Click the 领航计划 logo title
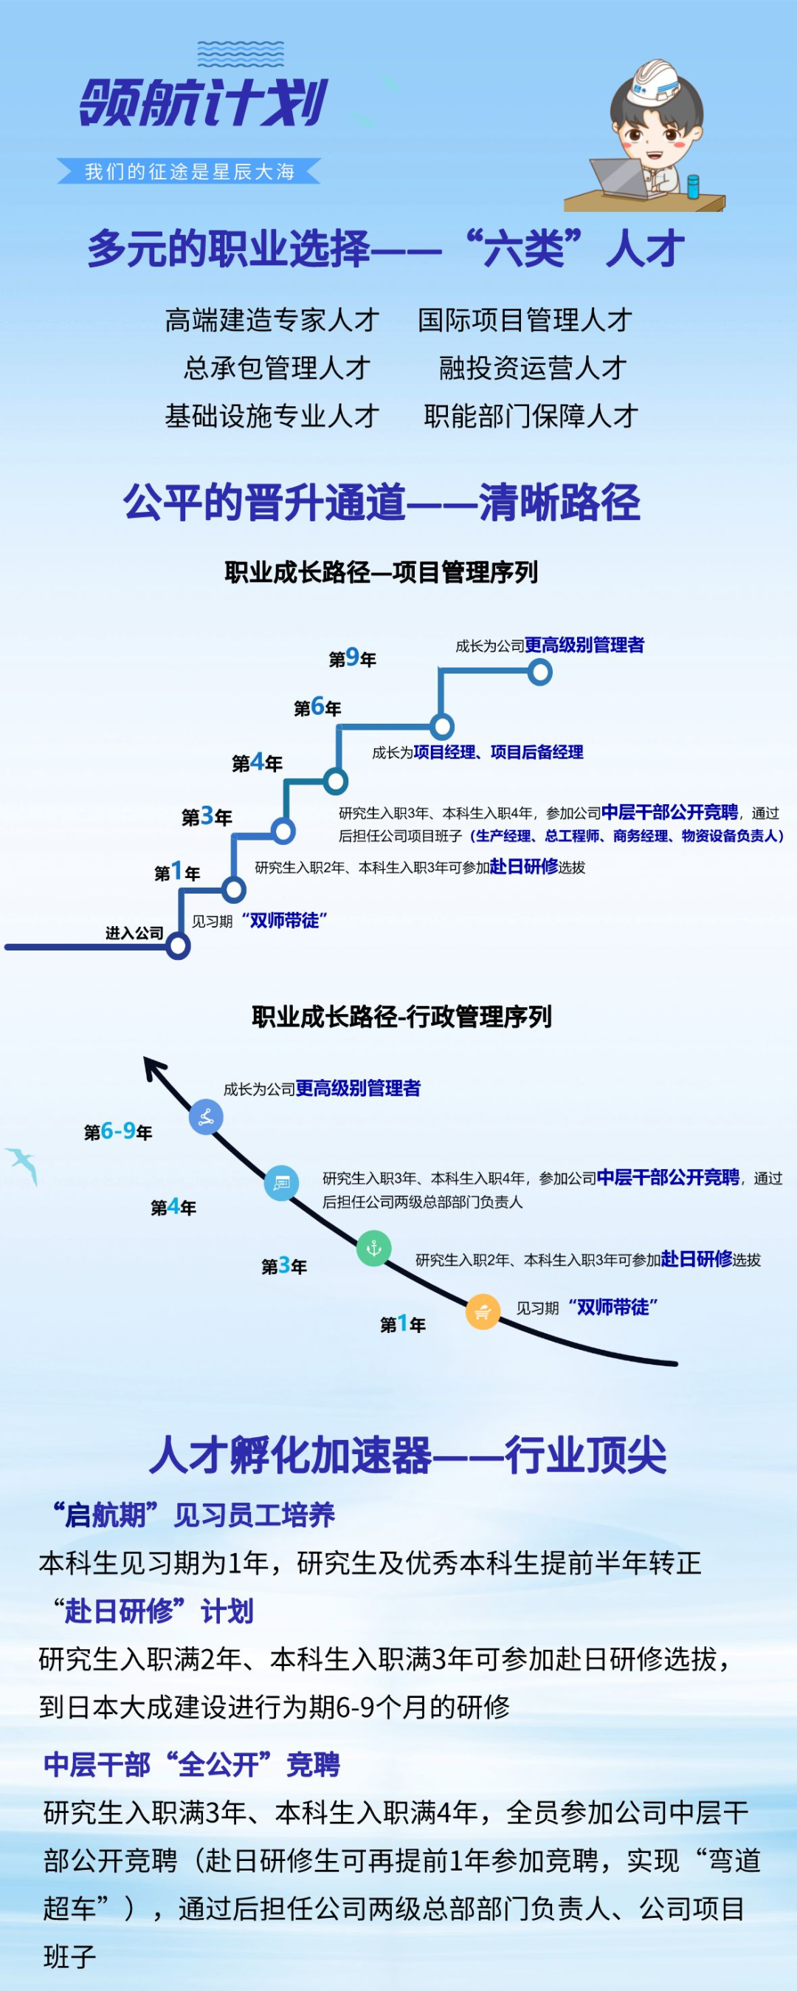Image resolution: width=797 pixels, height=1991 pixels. tap(204, 102)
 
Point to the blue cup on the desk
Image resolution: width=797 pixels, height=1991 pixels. tap(693, 185)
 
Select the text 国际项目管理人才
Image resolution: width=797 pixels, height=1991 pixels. tap(525, 320)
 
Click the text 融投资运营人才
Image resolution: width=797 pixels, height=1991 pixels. tap(532, 368)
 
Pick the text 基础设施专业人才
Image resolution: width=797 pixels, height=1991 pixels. tap(272, 416)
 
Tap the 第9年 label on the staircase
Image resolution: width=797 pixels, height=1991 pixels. tap(352, 658)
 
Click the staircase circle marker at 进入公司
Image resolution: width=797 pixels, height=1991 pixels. tap(179, 945)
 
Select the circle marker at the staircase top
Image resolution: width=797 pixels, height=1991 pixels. tap(540, 671)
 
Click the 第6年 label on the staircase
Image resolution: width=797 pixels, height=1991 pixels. tap(317, 707)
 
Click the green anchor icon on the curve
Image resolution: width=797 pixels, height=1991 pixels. tap(374, 1248)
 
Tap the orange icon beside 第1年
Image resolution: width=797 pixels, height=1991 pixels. tap(483, 1312)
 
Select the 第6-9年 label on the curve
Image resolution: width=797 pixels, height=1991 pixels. tap(118, 1131)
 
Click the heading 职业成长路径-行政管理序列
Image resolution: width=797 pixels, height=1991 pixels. tap(401, 1016)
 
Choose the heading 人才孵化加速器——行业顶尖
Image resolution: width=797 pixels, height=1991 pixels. tap(407, 1456)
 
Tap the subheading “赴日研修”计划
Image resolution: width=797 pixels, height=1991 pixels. tap(152, 1611)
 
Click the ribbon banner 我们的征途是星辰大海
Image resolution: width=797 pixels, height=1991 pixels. tap(189, 171)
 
